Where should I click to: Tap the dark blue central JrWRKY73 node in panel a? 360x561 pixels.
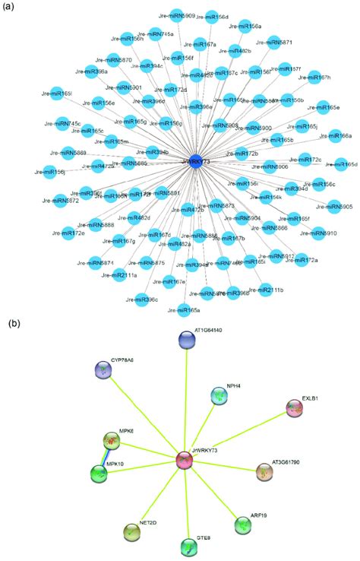195,160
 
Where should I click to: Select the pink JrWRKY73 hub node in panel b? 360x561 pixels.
185,460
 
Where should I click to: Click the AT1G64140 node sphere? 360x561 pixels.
188,340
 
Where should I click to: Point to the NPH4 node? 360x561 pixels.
217,395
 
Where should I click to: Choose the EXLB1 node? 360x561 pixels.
294,408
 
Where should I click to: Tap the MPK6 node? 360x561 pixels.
112,439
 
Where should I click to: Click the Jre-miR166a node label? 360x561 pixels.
338,136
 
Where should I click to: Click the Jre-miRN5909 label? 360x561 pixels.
178,15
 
